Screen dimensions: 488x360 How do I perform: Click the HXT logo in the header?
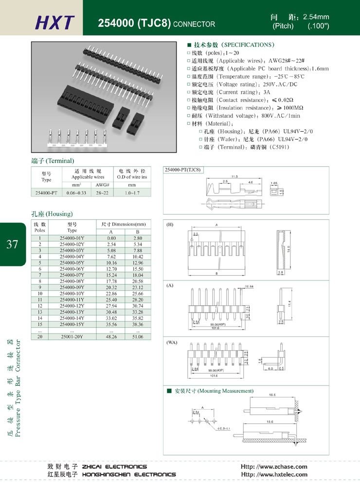coord(54,22)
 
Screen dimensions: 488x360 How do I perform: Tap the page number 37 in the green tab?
coord(13,244)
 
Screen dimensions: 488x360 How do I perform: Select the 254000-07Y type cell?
coord(72,275)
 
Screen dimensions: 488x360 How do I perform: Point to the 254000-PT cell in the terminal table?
coord(47,193)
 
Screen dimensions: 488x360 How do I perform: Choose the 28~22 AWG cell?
coord(102,193)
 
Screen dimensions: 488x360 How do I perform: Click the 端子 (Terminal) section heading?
coord(53,160)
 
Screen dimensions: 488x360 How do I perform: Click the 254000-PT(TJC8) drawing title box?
coord(183,170)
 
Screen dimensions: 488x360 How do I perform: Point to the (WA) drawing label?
coord(172,343)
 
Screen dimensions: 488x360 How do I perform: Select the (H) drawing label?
coord(170,225)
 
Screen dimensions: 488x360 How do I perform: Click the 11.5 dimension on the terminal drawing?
coord(234,176)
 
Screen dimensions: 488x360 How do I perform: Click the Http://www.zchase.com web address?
coord(274,467)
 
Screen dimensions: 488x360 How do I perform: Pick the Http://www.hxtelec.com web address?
coord(274,474)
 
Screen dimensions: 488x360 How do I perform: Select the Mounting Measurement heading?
coord(213,391)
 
